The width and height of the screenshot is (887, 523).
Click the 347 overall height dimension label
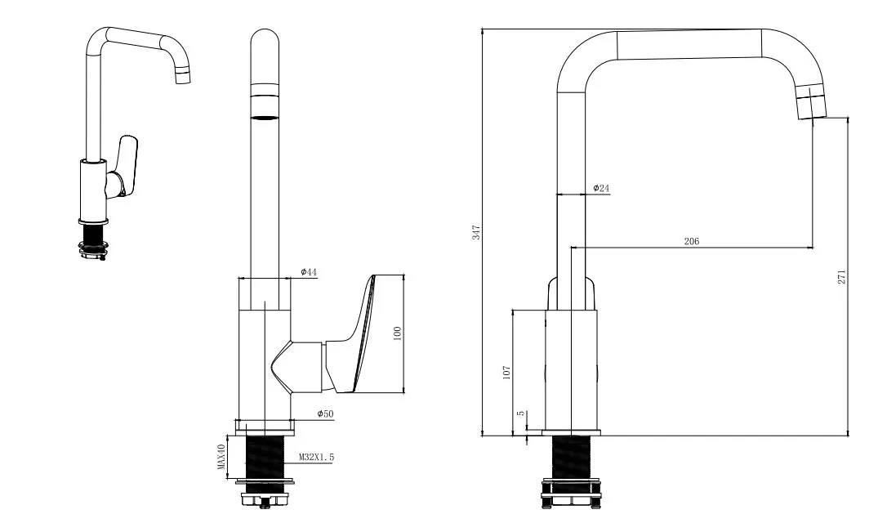(x=476, y=232)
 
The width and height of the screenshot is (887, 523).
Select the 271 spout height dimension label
(x=842, y=276)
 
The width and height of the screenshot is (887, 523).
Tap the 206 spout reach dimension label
(x=691, y=241)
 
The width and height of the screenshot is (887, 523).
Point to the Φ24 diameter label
(x=601, y=188)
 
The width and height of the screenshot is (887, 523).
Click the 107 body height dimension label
(x=506, y=372)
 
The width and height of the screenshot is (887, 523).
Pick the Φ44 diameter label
(x=309, y=272)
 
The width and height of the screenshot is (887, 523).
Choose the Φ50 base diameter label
(x=325, y=413)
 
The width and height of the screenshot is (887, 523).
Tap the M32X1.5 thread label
(x=317, y=457)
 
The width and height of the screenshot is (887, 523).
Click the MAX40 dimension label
(x=221, y=457)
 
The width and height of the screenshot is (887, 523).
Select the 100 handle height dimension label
(x=397, y=333)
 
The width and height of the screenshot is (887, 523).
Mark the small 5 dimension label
(x=520, y=413)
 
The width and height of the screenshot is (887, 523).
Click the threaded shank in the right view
(x=570, y=458)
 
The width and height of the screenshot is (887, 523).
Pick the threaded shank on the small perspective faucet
(x=94, y=232)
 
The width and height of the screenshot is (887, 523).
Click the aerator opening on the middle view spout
(x=264, y=118)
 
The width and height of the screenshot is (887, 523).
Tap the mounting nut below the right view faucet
(x=570, y=492)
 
